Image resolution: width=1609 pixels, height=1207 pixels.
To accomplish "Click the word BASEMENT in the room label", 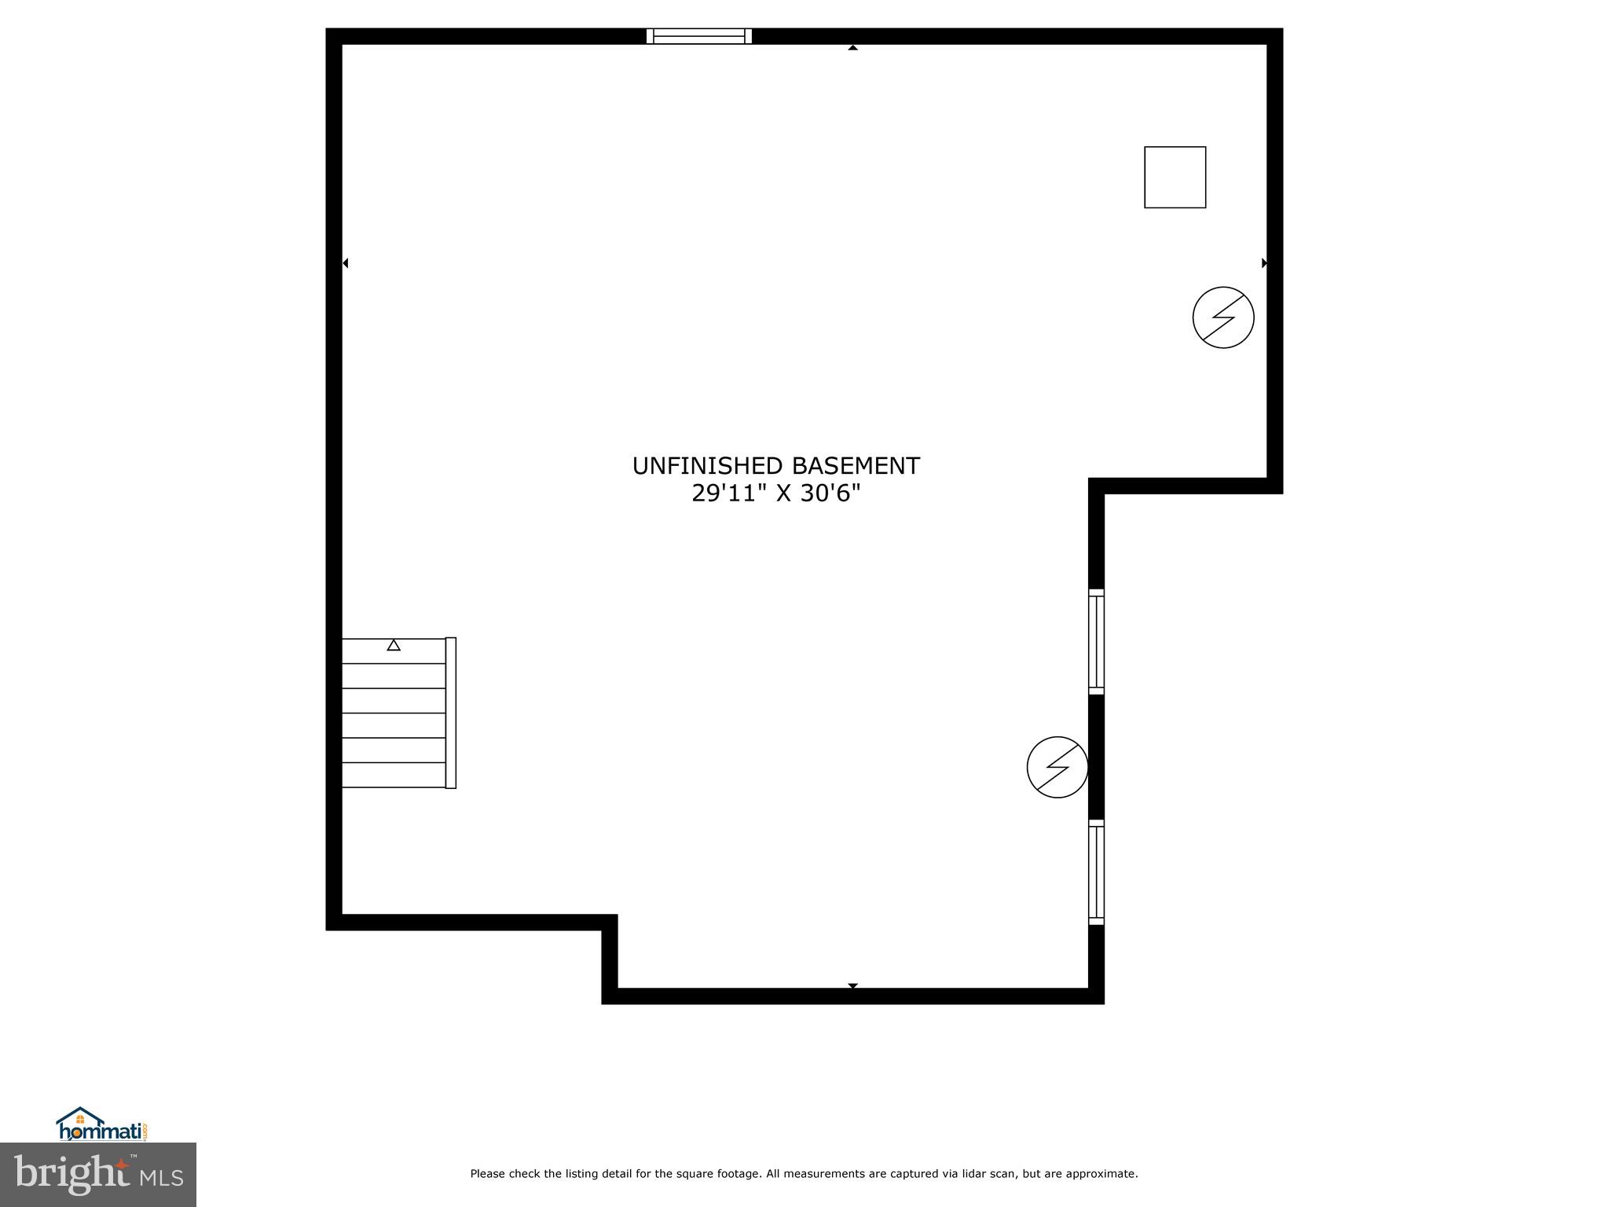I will click(856, 466).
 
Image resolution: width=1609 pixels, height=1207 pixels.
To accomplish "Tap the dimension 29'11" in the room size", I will click(729, 493).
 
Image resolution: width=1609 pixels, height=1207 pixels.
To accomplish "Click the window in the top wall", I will click(698, 36).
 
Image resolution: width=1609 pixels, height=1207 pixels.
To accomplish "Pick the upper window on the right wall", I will click(1096, 641).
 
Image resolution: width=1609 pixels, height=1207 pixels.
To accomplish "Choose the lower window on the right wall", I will click(1096, 872).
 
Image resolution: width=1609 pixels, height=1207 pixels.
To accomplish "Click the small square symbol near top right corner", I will click(1175, 178).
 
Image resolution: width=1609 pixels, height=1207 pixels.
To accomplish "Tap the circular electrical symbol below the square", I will click(1222, 317).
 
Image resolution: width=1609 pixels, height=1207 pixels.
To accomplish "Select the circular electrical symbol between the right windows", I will click(1057, 767).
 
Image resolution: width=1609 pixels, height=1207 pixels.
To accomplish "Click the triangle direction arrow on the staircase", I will click(394, 645).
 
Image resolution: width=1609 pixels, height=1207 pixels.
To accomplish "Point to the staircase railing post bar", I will click(451, 713).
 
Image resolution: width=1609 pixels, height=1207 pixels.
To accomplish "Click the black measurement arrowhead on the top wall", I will click(852, 48).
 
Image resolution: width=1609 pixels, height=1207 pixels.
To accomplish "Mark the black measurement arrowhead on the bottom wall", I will click(852, 985).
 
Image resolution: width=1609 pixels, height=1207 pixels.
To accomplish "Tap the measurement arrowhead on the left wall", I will click(346, 263).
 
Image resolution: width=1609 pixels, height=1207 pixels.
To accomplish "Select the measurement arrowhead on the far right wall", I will click(1264, 263).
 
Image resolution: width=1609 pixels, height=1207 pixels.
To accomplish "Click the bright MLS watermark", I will click(97, 1174).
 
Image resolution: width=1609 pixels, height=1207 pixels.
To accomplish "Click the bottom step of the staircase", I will click(394, 775).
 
